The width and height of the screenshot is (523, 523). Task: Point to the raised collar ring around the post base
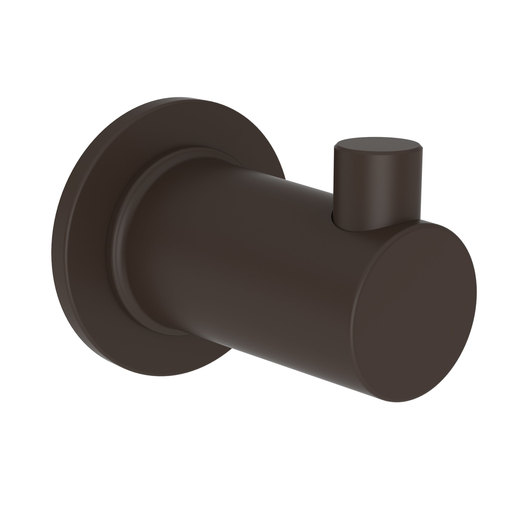[x=119, y=244]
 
